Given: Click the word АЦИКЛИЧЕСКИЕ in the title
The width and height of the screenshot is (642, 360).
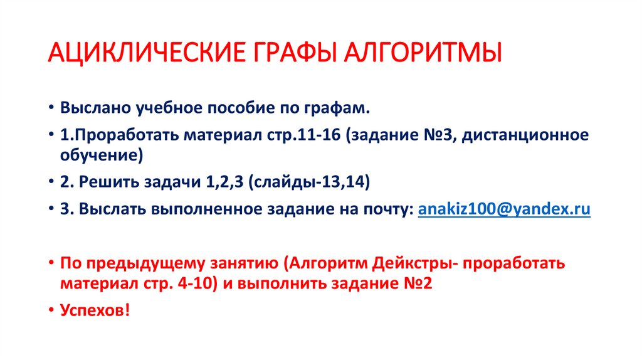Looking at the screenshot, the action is [x=147, y=53].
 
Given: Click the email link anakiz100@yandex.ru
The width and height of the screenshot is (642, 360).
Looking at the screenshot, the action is [x=504, y=209].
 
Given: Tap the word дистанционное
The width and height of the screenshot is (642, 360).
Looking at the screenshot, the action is [x=525, y=135].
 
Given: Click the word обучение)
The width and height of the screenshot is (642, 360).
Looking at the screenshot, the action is [x=102, y=156].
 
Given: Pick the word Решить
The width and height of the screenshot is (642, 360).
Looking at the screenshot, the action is [x=108, y=182].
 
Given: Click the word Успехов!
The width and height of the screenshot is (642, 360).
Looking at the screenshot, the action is [x=95, y=310].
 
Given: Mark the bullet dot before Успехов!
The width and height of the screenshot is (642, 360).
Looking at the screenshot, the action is [x=51, y=310].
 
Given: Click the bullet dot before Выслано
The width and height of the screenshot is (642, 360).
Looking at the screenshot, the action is [x=51, y=108].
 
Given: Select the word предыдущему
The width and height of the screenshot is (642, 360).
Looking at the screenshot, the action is [x=145, y=263].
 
